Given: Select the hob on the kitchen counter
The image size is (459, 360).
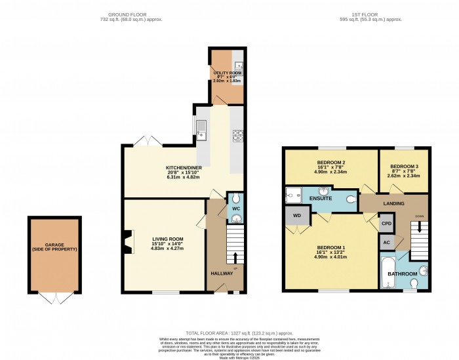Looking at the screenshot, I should click(237, 136).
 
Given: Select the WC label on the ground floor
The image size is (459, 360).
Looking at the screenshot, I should click(235, 209).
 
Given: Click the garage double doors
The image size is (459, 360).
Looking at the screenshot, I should click(55, 298).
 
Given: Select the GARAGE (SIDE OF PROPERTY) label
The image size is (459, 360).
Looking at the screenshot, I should click(55, 247).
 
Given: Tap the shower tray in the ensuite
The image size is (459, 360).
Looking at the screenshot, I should click(292, 194).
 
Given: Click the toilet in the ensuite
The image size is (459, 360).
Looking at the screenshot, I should click(351, 197).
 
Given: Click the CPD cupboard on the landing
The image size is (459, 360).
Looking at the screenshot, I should click(387, 223).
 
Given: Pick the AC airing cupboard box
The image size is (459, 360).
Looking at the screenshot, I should click(387, 242).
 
